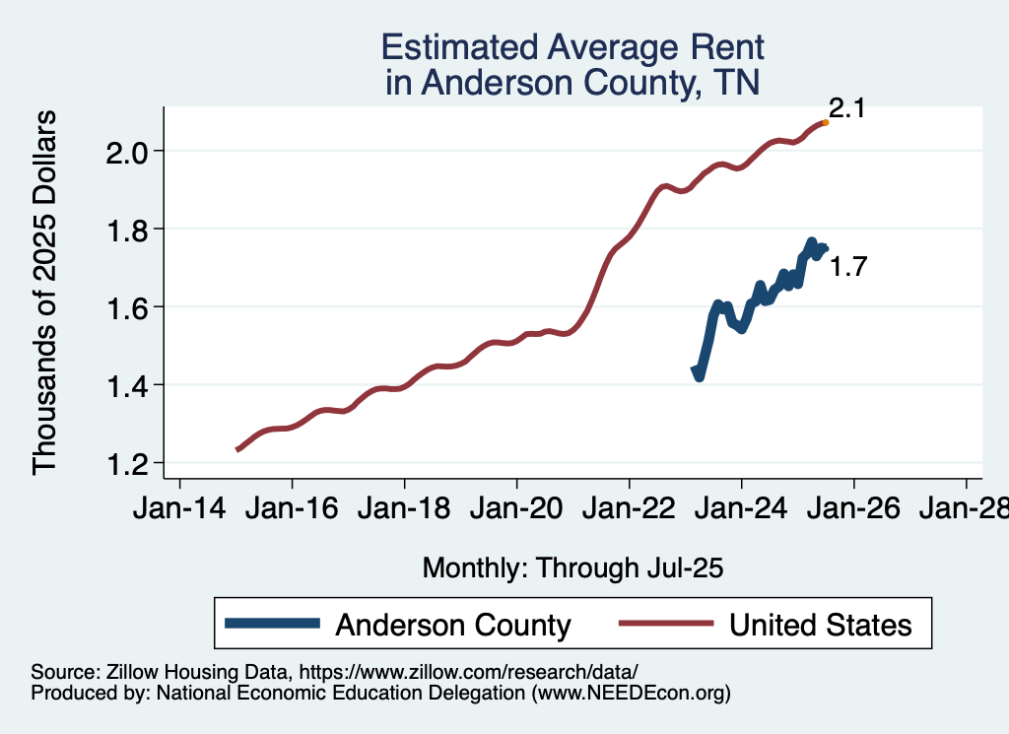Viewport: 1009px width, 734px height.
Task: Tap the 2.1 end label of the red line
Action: pyautogui.click(x=846, y=108)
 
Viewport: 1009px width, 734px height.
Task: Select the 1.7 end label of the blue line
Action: pyautogui.click(x=847, y=266)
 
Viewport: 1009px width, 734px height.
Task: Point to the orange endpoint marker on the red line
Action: pyautogui.click(x=825, y=122)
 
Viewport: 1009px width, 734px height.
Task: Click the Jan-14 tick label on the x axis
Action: pyautogui.click(x=179, y=510)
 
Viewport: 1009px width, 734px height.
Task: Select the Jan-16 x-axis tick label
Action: pyautogui.click(x=292, y=510)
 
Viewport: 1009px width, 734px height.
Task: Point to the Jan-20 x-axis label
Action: pyautogui.click(x=516, y=510)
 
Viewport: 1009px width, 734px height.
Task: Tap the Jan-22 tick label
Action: pyautogui.click(x=629, y=510)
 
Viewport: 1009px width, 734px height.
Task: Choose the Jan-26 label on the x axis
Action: pyautogui.click(x=853, y=510)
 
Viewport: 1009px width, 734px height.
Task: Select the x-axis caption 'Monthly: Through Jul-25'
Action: pyautogui.click(x=572, y=567)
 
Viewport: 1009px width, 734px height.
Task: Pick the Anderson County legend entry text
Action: pyautogui.click(x=453, y=625)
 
